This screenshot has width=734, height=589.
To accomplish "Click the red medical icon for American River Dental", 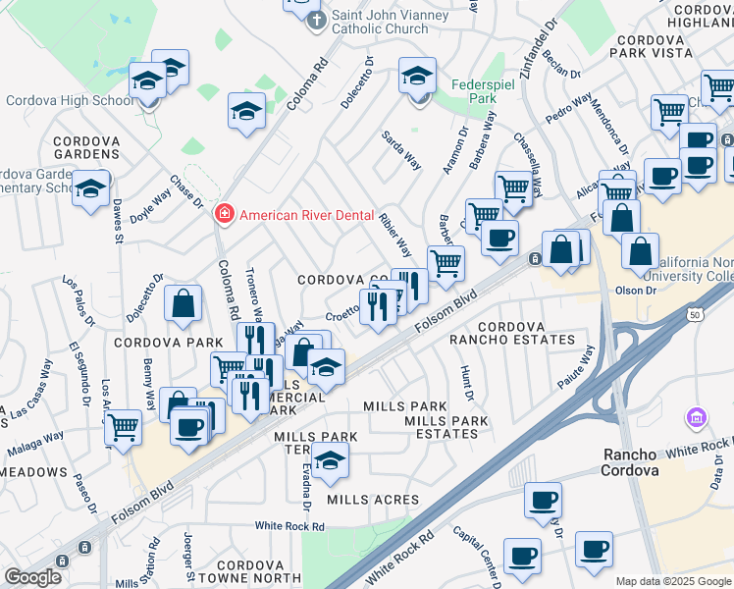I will (x=224, y=213).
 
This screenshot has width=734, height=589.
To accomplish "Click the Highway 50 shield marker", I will (x=696, y=312).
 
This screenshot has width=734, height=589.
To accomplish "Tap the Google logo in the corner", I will (x=32, y=577).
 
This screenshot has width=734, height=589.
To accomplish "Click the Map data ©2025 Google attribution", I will (x=672, y=581).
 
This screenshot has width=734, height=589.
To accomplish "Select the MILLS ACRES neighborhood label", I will (x=373, y=500).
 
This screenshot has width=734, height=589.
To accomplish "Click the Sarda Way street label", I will (x=401, y=149).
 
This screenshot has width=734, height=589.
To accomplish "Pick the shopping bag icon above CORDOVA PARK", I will (x=183, y=304).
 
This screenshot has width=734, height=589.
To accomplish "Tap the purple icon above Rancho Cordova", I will (x=698, y=419).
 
